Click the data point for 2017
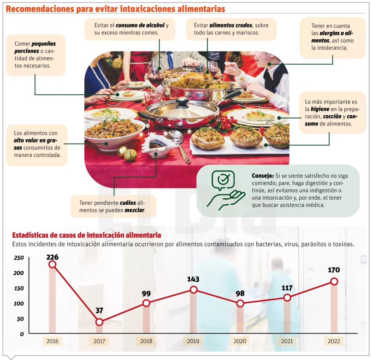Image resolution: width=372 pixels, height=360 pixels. (x=99, y=322)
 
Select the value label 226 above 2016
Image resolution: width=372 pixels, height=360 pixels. (x=52, y=257)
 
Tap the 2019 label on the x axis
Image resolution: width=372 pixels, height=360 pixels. (x=193, y=341)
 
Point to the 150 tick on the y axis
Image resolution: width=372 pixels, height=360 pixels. (x=19, y=288)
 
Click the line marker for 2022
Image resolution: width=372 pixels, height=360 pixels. (x=334, y=281)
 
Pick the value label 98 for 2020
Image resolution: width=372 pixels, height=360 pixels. (x=240, y=293)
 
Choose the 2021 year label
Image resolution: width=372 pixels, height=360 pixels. (x=287, y=341)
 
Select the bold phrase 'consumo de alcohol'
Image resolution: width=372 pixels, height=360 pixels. (x=140, y=25)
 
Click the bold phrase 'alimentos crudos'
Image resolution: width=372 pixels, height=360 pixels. (x=231, y=25)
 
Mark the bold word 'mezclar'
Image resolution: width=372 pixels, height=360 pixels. (x=135, y=210)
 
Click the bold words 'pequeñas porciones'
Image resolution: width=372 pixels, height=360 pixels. (x=35, y=48)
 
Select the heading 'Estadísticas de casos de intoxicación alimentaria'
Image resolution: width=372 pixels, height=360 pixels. (x=86, y=235)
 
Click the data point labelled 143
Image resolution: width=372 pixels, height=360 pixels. (x=194, y=289)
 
